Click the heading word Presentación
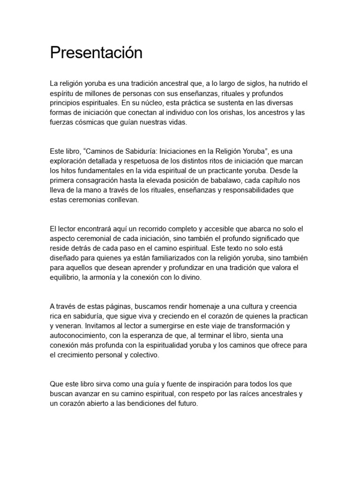click(x=96, y=53)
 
